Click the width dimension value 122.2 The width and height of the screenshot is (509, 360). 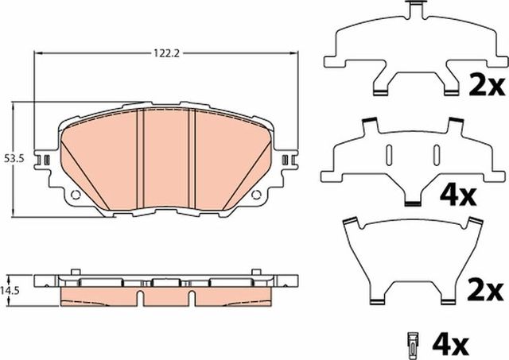(x=164, y=53)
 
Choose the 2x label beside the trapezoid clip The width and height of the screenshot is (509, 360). (x=485, y=288)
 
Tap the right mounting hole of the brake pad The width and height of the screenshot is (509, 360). (x=256, y=195)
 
